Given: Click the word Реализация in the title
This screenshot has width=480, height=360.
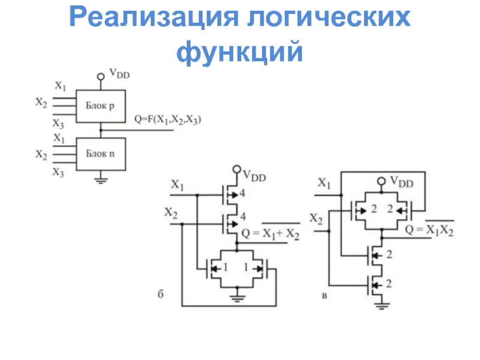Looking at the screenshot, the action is point(154,17).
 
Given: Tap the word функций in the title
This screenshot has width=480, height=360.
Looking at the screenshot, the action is point(239,52).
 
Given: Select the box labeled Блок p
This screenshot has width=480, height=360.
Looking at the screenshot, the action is point(101,106).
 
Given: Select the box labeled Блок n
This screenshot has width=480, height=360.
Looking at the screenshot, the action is point(101,154).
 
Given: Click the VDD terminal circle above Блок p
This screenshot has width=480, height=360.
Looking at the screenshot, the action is point(101,77).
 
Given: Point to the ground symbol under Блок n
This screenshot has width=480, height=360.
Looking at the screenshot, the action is point(101,181).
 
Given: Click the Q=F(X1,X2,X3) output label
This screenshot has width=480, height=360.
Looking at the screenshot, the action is point(168,119).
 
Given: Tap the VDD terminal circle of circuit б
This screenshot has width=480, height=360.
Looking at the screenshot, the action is point(236,169).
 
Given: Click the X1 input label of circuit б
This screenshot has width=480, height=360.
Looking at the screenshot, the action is point(177,185).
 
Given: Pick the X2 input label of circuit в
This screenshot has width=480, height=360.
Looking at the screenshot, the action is point(316,220).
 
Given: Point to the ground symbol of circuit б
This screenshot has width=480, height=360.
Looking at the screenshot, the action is point(237,298).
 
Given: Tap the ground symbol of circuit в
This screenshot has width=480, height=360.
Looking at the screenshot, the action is point(381,306).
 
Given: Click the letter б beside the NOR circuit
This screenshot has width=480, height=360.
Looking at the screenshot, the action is point(160,294).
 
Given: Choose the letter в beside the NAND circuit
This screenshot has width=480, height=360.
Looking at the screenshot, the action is point(324,296).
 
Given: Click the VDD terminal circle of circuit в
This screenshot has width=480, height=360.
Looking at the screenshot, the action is point(381,181).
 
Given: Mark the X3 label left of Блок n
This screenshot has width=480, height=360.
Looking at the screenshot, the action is point(58,172).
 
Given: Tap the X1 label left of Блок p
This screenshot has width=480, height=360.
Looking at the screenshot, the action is point(61,86).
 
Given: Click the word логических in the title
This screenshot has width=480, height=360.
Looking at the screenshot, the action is point(329,17).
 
